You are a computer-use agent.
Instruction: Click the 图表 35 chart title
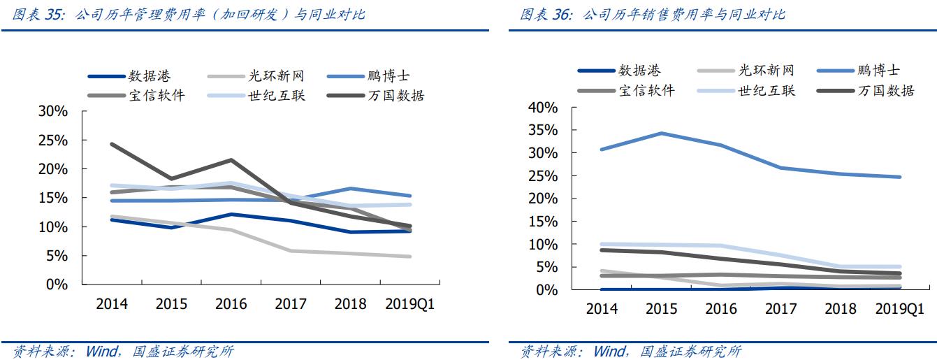(x=189, y=14)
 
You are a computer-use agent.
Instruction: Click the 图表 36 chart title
(x=653, y=14)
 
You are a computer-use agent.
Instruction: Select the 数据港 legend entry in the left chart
(x=149, y=76)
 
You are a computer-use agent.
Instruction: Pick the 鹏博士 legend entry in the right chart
(x=879, y=70)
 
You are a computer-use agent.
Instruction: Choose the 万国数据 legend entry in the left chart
(x=395, y=95)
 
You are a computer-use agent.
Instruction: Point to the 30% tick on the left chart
(x=53, y=112)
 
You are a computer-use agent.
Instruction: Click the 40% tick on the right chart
(x=543, y=108)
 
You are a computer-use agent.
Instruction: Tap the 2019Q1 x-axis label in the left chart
(x=410, y=304)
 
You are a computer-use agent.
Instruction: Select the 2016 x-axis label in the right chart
(x=722, y=308)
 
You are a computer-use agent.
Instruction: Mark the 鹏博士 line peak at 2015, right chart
(x=661, y=133)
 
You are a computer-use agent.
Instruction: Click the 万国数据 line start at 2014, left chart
(x=112, y=145)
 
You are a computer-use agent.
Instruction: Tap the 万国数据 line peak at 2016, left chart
(x=231, y=160)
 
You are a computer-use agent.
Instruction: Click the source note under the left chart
(x=123, y=351)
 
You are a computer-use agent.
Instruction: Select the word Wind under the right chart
(x=610, y=351)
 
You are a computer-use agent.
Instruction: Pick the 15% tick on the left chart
(x=53, y=198)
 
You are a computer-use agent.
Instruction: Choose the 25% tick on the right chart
(x=543, y=175)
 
